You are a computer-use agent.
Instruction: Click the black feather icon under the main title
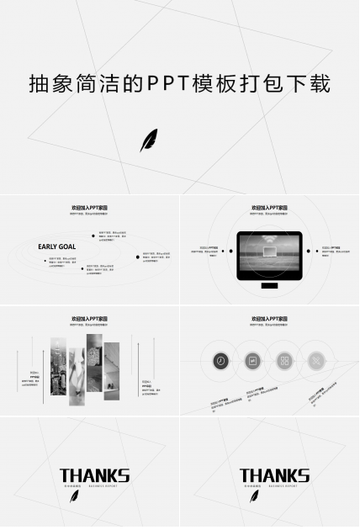[149, 140]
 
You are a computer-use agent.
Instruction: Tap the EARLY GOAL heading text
[56, 246]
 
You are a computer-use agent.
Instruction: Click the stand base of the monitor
[269, 286]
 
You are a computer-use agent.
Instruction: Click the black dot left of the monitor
[230, 250]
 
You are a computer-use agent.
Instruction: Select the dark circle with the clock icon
[220, 360]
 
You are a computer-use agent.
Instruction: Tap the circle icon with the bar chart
[252, 360]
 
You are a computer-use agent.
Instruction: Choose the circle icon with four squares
[284, 360]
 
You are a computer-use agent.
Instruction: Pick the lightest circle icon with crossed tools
[316, 360]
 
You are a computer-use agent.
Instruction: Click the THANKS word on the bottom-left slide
[94, 475]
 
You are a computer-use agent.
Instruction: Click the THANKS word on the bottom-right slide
[274, 475]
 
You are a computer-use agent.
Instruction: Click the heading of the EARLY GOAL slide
[89, 207]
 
